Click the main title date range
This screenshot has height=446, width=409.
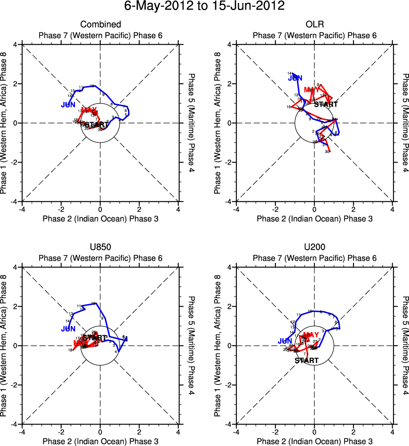204,6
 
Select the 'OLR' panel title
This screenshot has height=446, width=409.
314,24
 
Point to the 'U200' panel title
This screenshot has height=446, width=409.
314,247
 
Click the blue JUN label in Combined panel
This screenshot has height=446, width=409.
69,104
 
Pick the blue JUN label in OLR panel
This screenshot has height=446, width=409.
295,78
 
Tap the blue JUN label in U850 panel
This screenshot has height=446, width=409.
69,328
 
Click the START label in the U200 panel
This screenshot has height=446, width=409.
307,361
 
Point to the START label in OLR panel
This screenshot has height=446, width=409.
326,104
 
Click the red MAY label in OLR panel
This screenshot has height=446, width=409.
312,90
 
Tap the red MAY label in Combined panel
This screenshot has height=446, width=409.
89,110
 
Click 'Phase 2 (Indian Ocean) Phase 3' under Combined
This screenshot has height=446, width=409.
100,219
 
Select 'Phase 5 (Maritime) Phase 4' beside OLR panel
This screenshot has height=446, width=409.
405,123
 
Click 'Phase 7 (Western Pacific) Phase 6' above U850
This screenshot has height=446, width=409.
100,258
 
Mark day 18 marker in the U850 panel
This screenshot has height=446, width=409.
70,350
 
